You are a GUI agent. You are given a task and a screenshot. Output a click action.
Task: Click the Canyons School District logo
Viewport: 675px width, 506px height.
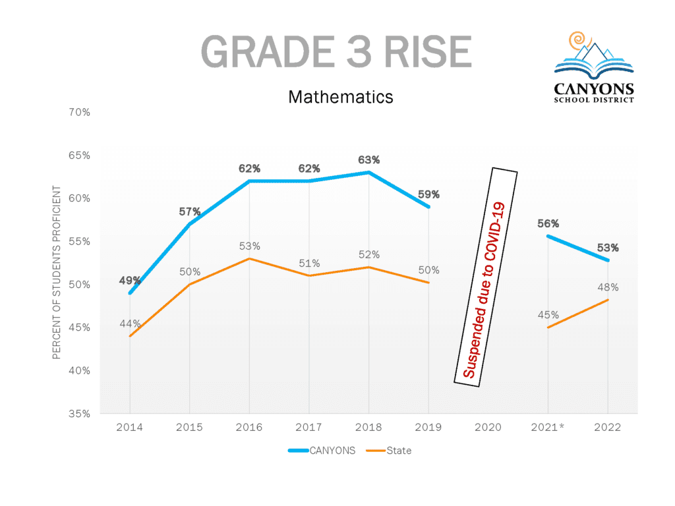[x=593, y=67]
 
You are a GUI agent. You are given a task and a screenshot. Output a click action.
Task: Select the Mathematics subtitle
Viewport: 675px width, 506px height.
[x=340, y=98]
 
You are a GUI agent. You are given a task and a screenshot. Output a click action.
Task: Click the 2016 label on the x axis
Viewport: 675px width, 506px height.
[x=249, y=427]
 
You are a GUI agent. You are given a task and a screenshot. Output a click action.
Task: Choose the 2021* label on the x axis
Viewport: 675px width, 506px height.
[x=548, y=427]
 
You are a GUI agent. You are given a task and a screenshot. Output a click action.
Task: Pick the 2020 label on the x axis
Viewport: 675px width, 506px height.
[x=488, y=427]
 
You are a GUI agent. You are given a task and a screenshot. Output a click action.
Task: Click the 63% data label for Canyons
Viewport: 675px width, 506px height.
[x=369, y=160]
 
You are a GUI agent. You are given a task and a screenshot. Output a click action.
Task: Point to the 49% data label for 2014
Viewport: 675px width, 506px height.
[x=130, y=281]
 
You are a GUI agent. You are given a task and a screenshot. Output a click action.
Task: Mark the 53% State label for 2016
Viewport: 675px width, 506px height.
[x=249, y=246]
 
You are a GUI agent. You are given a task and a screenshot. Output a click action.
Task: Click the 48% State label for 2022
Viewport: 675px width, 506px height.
[x=608, y=287]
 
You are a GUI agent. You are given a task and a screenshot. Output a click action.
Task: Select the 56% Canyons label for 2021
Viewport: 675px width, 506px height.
[x=548, y=223]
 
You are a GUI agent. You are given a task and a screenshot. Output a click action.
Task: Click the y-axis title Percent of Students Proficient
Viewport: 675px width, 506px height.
[x=57, y=272]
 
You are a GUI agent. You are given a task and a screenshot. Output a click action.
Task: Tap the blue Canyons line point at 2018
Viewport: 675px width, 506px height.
[x=369, y=173]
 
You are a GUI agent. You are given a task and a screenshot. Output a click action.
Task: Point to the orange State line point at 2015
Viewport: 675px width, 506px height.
[x=190, y=284]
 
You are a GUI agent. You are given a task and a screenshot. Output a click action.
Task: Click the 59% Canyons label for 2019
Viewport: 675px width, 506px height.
[x=428, y=195]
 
